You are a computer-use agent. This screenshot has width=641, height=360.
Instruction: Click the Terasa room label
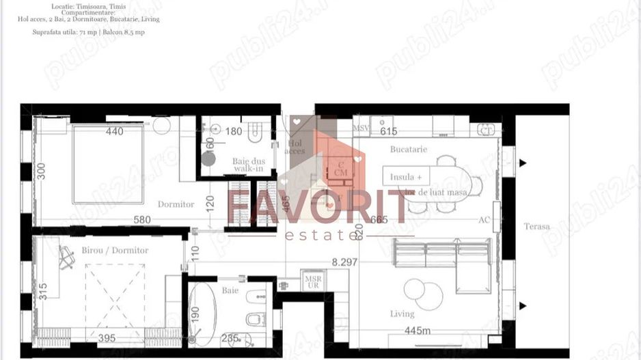(x=536, y=227)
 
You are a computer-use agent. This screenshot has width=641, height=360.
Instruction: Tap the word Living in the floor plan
(x=402, y=314)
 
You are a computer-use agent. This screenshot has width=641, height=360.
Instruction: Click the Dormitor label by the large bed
(x=176, y=204)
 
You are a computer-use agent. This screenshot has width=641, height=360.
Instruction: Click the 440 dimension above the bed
(x=114, y=131)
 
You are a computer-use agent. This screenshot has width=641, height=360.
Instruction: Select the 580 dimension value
(x=141, y=220)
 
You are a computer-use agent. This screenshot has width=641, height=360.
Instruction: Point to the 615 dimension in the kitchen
(x=388, y=131)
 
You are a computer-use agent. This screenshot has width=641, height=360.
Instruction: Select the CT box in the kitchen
(x=486, y=130)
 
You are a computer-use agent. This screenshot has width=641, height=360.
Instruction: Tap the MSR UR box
(x=313, y=281)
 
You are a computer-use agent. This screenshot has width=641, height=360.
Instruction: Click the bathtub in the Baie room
(x=202, y=315)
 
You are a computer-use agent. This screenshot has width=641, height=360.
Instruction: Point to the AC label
(x=483, y=220)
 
